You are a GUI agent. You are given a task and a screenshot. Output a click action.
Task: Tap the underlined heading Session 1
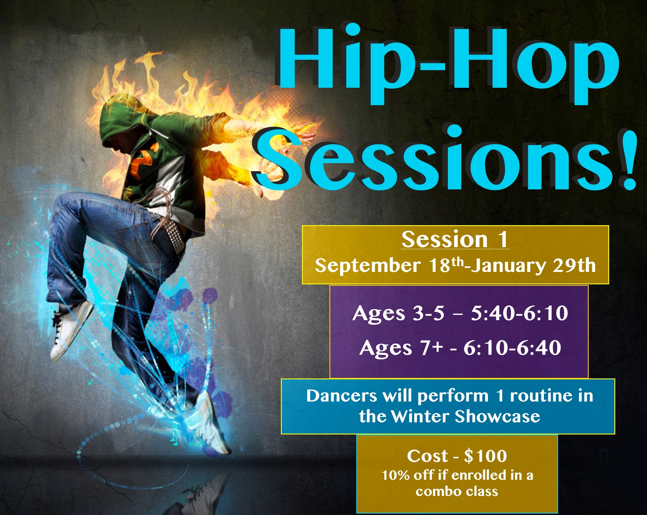455,240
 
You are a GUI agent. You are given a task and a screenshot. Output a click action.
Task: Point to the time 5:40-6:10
519,313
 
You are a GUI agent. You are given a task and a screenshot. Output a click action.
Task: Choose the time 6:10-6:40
512,348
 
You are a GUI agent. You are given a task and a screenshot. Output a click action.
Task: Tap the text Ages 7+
401,348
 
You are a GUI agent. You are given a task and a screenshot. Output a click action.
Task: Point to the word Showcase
497,417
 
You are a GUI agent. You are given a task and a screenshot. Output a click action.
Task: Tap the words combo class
457,492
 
